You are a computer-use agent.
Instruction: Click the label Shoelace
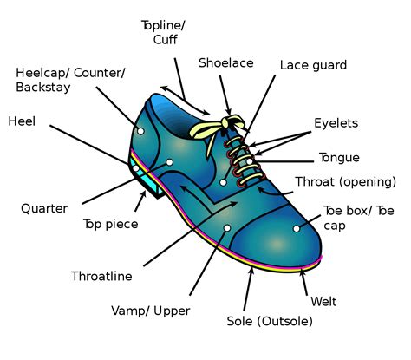click(226, 63)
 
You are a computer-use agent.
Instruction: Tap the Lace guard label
click(313, 65)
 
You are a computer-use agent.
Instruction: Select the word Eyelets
click(336, 123)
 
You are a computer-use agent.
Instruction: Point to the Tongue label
click(339, 158)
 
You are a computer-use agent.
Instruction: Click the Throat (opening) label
click(345, 182)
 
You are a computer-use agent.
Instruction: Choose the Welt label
click(323, 302)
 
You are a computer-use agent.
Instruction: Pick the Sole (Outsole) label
click(269, 321)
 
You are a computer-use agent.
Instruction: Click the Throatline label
click(101, 277)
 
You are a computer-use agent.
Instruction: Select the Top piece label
click(110, 224)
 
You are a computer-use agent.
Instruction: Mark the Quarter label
click(44, 208)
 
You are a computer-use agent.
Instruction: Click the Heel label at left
click(22, 121)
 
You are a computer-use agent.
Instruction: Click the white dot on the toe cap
click(297, 228)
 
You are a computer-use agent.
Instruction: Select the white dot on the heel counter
click(140, 131)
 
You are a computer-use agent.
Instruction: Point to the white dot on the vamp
click(226, 227)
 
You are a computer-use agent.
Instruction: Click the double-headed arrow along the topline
click(185, 100)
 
